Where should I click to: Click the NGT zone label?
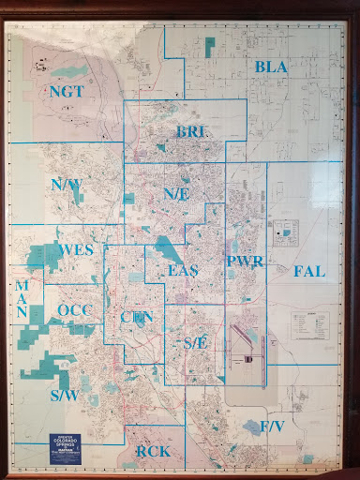tap(67, 91)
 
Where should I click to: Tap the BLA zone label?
tap(271, 67)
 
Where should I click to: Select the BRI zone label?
tap(190, 131)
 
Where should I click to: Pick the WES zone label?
tap(76, 251)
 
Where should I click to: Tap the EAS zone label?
tap(183, 271)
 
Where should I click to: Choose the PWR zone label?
tap(244, 262)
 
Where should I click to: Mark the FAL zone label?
tap(308, 272)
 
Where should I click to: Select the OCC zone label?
tap(72, 310)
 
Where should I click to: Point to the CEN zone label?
tap(137, 317)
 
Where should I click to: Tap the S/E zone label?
tap(196, 342)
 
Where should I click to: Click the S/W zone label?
tap(64, 396)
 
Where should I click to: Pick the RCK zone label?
tap(153, 452)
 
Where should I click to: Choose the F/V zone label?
tap(272, 427)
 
